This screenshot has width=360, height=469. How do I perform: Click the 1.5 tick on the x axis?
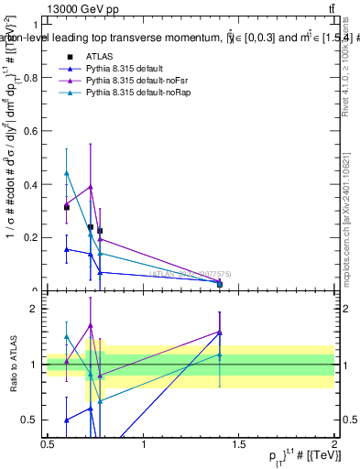pyautogui.click(x=239, y=445)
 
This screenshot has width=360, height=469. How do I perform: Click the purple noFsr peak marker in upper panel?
pyautogui.click(x=90, y=186)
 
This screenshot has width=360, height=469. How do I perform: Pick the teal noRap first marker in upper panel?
pyautogui.click(x=66, y=172)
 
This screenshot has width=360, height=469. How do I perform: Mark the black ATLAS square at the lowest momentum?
pyautogui.click(x=66, y=207)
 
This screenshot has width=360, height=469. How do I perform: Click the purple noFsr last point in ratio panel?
pyautogui.click(x=219, y=332)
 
